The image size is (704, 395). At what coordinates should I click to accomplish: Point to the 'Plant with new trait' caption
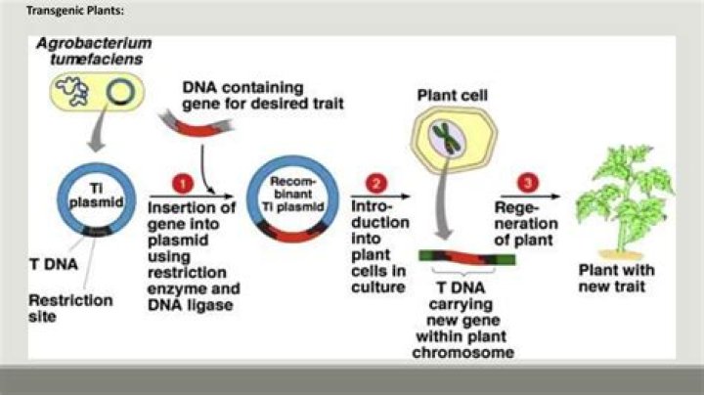point(623,278)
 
